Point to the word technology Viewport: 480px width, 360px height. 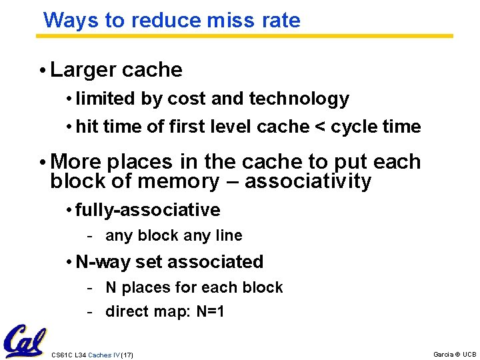pos(299,99)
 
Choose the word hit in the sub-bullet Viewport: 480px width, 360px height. pos(87,127)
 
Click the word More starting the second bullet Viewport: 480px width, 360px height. pos(74,162)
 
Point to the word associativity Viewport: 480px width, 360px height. pos(308,181)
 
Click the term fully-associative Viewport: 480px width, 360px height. pos(147,210)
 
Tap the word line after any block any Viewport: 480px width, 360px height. pos(227,235)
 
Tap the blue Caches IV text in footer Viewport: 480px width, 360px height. pos(103,355)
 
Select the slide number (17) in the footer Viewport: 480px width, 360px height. pos(127,355)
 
